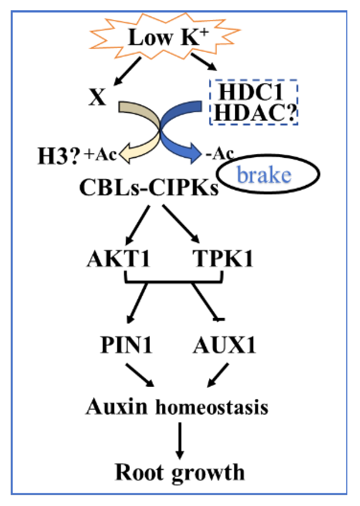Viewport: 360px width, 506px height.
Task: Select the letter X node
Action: pyautogui.click(x=97, y=97)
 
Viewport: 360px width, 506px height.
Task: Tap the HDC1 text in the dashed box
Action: pyautogui.click(x=251, y=92)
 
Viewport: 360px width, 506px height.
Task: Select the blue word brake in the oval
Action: pyautogui.click(x=264, y=175)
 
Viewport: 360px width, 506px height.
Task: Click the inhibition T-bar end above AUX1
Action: pyautogui.click(x=219, y=319)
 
